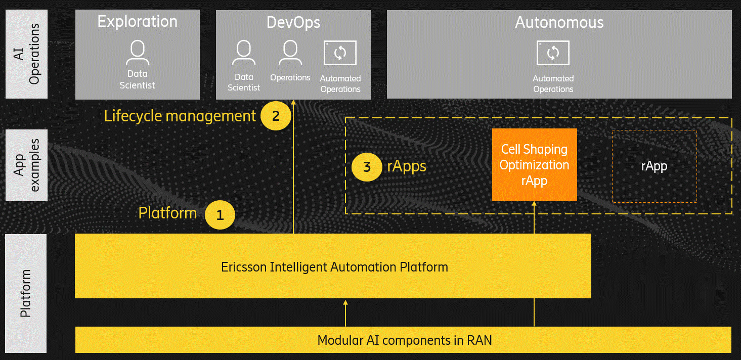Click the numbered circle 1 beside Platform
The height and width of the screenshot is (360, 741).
(x=220, y=215)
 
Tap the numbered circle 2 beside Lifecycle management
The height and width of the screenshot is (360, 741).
(x=276, y=116)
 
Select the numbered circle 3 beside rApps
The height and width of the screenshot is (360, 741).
(x=367, y=166)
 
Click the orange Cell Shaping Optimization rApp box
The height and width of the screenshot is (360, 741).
(x=534, y=165)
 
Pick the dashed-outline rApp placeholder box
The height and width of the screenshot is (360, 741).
(x=654, y=166)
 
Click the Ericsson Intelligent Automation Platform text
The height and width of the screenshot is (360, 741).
(x=334, y=266)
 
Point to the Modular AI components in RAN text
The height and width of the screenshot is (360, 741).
(x=404, y=340)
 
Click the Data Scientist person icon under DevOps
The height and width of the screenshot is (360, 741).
(x=244, y=53)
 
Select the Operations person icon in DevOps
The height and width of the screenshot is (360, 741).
(x=290, y=53)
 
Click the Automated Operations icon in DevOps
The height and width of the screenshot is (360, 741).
(x=340, y=53)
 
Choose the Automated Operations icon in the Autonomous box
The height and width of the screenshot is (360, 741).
(x=553, y=53)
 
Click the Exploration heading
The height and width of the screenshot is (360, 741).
(x=137, y=22)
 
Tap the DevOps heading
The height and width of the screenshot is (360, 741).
(x=293, y=22)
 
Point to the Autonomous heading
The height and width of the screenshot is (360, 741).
(x=559, y=22)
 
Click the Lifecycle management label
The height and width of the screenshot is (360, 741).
(x=180, y=116)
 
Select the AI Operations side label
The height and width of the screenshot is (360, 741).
(x=26, y=54)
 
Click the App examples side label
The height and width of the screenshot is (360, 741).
(x=26, y=165)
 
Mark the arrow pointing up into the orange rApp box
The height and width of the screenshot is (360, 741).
(x=534, y=217)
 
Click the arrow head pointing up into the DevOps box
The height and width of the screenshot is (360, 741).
(x=293, y=103)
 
